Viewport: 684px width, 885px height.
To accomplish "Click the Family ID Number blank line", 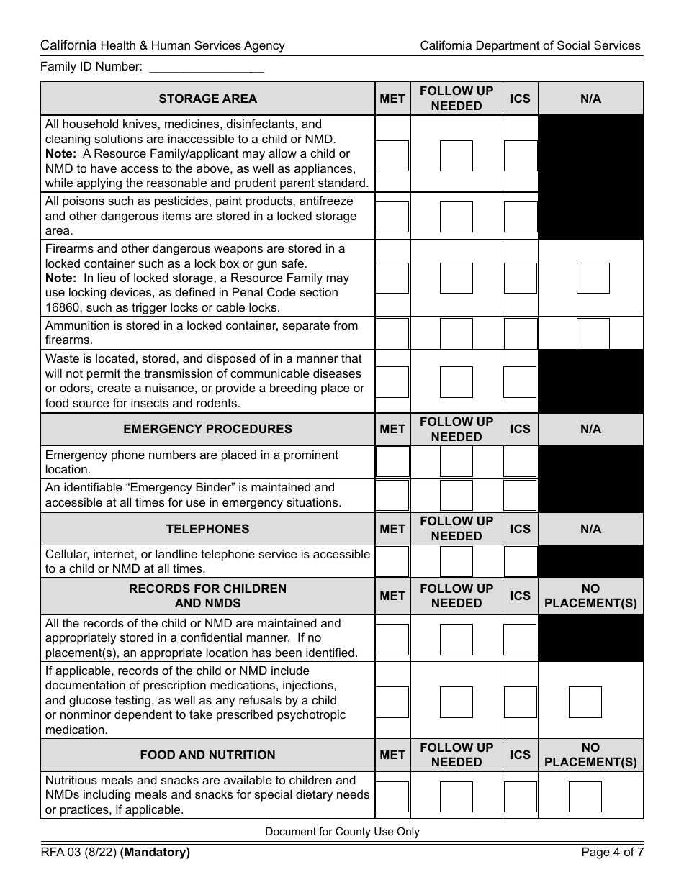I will click(206, 67).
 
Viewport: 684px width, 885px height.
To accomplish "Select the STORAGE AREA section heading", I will click(207, 99).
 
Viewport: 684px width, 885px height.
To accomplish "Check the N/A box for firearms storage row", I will click(593, 278).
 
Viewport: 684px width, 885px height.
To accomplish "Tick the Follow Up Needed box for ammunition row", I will click(456, 333).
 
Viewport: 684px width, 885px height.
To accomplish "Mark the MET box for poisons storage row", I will click(392, 217).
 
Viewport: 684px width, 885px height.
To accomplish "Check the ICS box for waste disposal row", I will click(520, 382).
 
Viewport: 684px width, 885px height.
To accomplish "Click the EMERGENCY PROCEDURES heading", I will click(207, 429).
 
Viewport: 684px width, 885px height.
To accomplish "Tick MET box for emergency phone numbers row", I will click(392, 462).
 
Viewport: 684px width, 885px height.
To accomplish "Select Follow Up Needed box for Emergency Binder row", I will click(456, 496).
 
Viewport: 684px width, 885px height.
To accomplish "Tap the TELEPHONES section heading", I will click(207, 529).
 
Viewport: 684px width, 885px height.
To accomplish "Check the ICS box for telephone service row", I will click(520, 562).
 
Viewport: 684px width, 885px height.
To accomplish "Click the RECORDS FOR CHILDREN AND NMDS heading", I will click(207, 596).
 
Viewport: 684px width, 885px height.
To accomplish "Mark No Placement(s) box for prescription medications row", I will click(585, 702).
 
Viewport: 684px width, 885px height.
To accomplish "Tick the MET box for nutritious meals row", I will click(392, 796).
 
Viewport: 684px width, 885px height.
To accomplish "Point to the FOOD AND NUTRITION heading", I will click(207, 755).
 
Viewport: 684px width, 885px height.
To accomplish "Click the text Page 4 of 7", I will click(612, 853).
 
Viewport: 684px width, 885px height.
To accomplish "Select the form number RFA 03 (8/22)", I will click(78, 853).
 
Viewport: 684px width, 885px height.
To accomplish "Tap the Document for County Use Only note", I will click(342, 832).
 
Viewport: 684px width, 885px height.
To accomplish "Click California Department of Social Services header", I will click(530, 45).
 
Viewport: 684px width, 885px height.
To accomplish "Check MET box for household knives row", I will click(392, 155).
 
